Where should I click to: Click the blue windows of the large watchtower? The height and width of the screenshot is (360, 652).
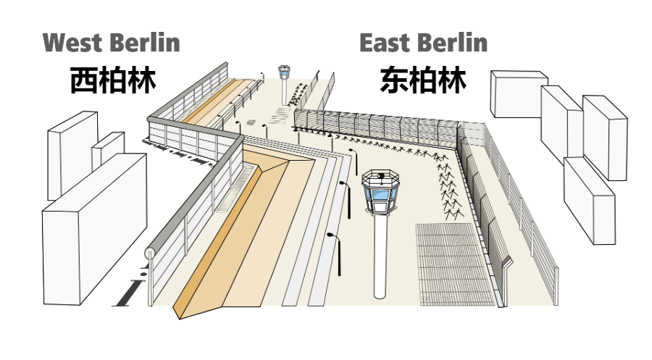[380, 194]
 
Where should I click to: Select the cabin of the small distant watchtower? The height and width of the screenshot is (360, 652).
[284, 72]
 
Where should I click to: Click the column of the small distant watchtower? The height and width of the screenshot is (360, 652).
[284, 91]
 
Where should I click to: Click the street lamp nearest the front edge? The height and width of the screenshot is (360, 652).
[335, 250]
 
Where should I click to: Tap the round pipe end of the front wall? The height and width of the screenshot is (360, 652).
[150, 254]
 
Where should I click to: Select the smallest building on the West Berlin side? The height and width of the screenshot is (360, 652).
[107, 149]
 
